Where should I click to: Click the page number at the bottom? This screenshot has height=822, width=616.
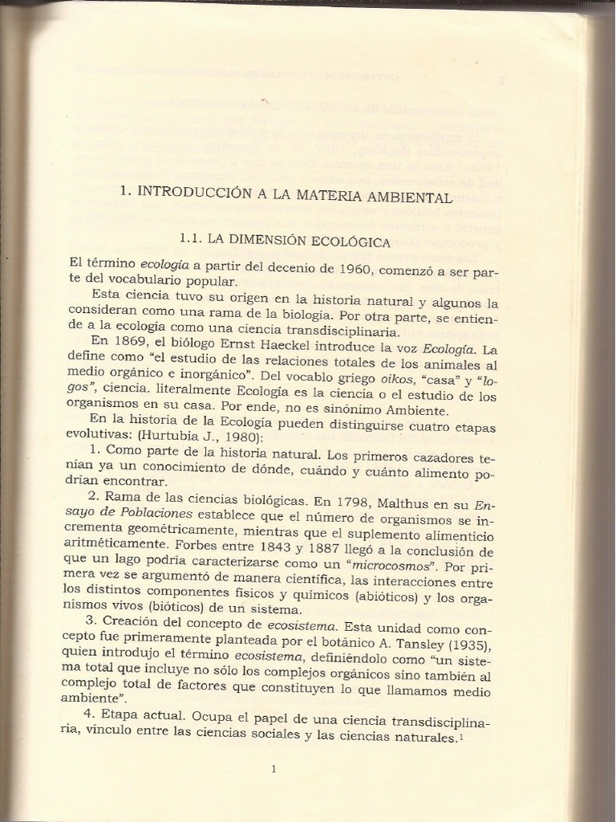pos(274,769)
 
